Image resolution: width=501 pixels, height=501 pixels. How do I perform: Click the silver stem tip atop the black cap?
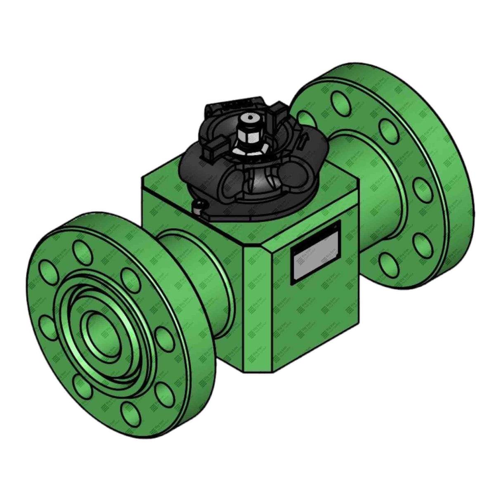pos(249,119)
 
